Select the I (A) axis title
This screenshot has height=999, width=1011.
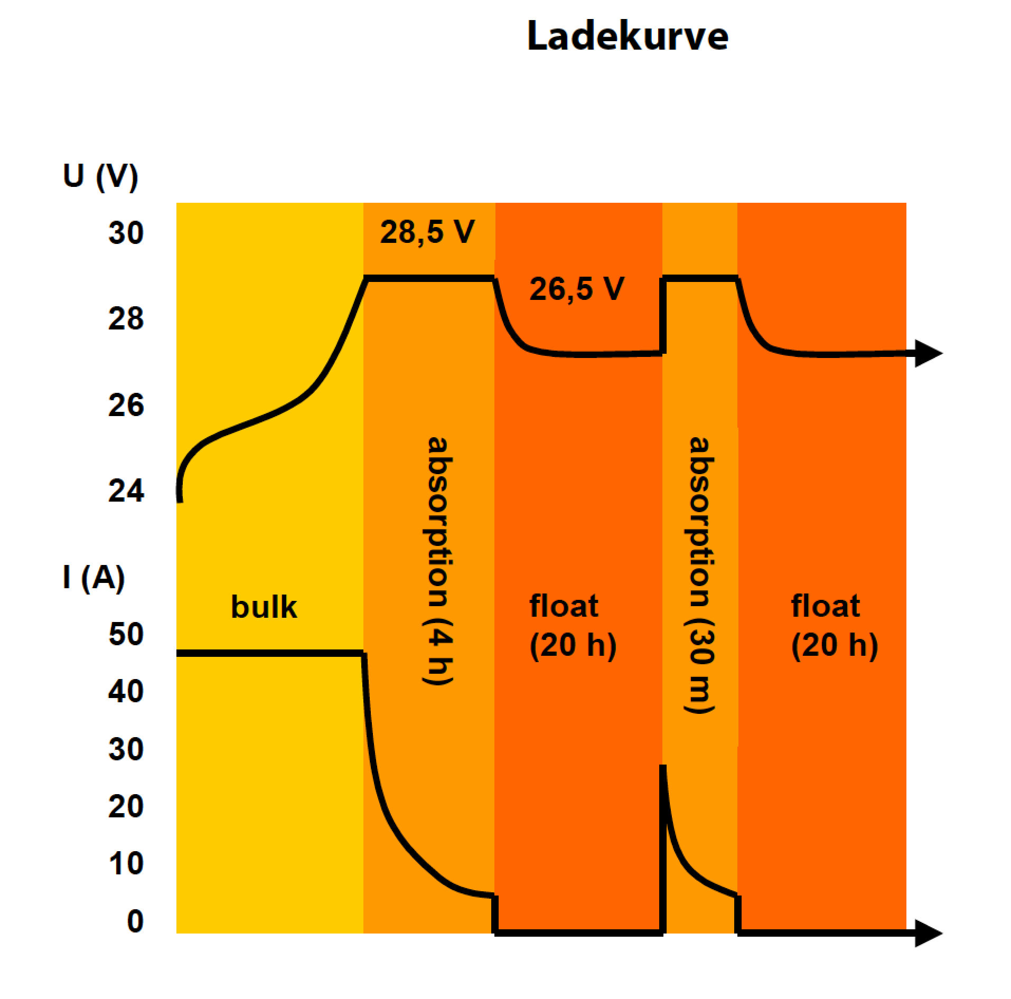point(93,577)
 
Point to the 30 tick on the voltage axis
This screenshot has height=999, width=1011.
point(126,232)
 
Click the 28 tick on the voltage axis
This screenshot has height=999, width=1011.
point(126,319)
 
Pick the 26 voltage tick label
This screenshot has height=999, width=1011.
point(126,406)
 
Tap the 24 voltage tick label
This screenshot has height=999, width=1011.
point(126,491)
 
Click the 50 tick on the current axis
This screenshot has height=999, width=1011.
point(126,634)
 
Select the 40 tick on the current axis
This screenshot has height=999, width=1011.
point(126,691)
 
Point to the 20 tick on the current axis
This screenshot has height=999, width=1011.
point(126,806)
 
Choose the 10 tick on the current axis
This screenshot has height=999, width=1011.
point(126,863)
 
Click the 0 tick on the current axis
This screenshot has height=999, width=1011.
point(135,921)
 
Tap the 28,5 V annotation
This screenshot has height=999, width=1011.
point(427,232)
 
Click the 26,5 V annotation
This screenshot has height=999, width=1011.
point(577,289)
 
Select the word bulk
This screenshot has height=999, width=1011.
point(264,607)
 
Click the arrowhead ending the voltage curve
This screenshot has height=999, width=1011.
point(928,353)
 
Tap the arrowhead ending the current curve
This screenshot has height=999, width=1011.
point(928,933)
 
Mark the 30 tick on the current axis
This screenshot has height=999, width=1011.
point(126,749)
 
